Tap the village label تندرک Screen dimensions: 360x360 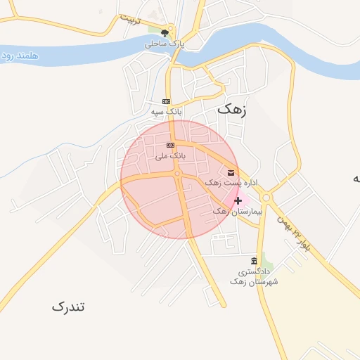(x=68, y=307)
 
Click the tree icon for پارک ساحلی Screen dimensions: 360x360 (x=166, y=32)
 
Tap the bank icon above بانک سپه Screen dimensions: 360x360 (x=166, y=101)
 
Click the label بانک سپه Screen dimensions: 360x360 (x=166, y=111)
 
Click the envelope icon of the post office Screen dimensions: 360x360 (x=231, y=172)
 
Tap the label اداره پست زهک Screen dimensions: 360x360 (x=231, y=183)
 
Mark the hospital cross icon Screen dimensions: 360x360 (x=238, y=200)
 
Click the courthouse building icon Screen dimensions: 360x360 (x=254, y=261)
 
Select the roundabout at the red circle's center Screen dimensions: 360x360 (x=179, y=173)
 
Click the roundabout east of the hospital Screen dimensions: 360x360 (x=266, y=198)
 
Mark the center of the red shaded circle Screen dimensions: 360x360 (x=179, y=179)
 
